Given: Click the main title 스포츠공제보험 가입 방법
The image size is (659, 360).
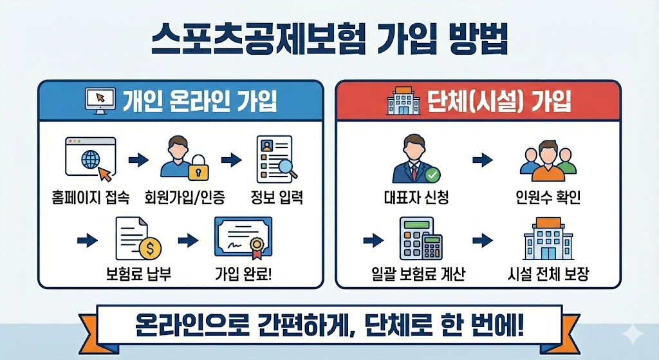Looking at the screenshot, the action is click(x=329, y=40).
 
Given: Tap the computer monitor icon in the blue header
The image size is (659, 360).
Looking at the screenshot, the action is click(x=100, y=100).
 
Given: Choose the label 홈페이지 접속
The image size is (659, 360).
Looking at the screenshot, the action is click(x=91, y=197).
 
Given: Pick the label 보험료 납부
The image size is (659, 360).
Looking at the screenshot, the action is click(x=133, y=276).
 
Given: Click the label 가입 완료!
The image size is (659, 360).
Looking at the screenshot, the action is click(x=243, y=276).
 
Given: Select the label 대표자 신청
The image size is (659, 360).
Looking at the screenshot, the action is click(x=416, y=197).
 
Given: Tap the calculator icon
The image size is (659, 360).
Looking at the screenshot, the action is click(x=423, y=240).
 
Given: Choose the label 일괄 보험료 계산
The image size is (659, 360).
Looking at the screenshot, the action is click(x=423, y=276).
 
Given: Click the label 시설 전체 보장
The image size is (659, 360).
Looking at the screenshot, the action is click(x=548, y=276).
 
